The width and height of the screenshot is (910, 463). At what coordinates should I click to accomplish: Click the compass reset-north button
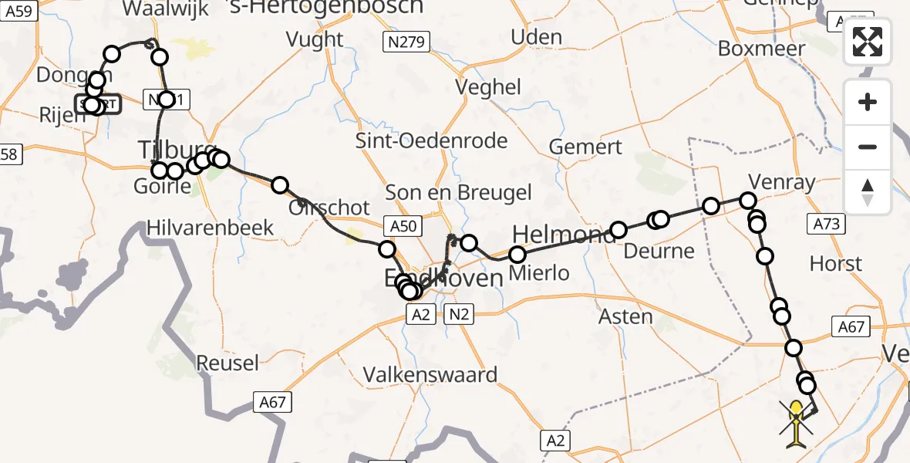(868, 192)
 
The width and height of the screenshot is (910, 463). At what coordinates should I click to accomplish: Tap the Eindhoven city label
(443, 278)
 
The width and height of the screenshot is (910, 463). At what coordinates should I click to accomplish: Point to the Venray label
(771, 181)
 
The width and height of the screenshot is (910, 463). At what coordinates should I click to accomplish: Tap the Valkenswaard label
(431, 375)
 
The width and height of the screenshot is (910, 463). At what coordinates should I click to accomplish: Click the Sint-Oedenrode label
(431, 140)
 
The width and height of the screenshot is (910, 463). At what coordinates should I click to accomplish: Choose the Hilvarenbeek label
(211, 228)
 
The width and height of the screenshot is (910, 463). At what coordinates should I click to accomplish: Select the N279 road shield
(406, 42)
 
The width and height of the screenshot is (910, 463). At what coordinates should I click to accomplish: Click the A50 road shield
(403, 226)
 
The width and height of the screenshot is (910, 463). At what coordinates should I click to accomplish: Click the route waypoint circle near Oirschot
(280, 185)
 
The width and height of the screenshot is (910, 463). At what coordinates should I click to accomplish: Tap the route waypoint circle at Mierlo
(517, 255)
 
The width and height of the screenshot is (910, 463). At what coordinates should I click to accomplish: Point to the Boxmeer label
(761, 48)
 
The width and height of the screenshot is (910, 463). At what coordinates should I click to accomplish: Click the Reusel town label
(226, 362)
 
